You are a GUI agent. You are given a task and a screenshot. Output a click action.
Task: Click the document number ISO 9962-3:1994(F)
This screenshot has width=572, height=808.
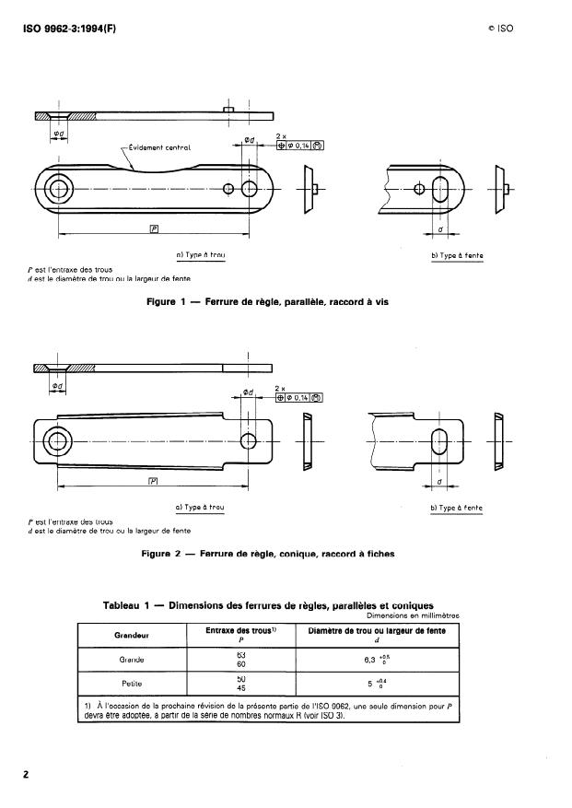(69, 29)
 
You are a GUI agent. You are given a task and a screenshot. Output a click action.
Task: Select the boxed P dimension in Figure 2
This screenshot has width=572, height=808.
(154, 480)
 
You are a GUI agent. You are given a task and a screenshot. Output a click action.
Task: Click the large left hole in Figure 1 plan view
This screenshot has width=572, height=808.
(61, 189)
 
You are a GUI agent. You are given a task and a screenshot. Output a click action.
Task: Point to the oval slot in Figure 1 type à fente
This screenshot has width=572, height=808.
(440, 189)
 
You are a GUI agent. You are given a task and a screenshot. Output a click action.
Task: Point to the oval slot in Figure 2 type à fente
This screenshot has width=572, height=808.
(440, 439)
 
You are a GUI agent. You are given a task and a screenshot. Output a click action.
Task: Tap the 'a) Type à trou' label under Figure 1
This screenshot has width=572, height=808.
(200, 254)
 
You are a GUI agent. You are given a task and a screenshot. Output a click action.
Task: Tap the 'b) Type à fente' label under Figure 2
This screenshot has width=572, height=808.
(458, 508)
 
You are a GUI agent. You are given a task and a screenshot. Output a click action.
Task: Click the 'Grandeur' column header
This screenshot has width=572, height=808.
(132, 635)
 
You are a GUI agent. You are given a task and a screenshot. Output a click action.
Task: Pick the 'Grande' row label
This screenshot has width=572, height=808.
(132, 660)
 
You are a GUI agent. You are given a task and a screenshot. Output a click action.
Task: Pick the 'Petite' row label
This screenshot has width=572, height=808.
(132, 685)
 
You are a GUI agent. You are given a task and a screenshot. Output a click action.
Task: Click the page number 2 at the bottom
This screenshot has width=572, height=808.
(27, 774)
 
